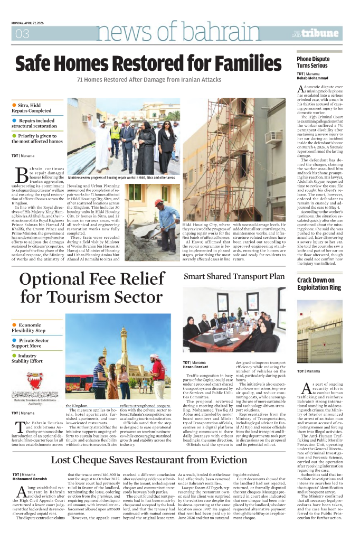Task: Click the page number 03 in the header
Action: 22,34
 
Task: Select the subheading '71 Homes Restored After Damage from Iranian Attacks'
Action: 149,79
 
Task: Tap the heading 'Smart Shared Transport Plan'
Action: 234,276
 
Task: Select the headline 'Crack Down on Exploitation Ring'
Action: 319,284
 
